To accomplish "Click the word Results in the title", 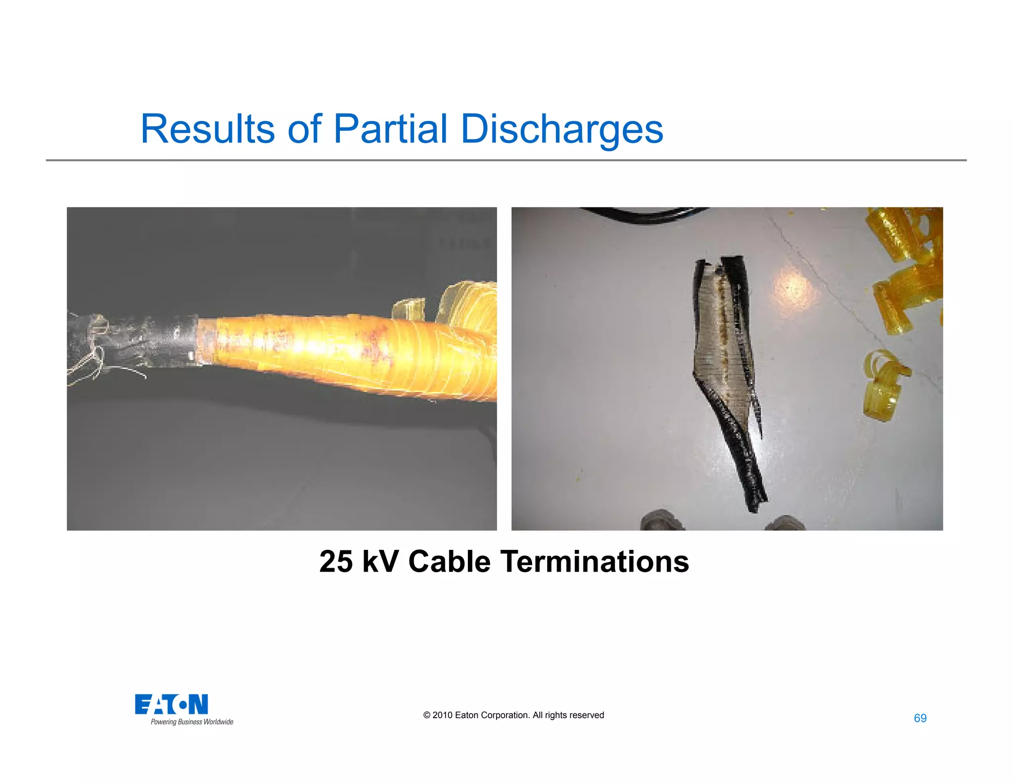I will (207, 129).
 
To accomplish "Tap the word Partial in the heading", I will (390, 129).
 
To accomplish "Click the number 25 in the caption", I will (336, 562).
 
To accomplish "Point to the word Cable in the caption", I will (449, 562).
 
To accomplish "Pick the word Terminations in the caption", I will (595, 562).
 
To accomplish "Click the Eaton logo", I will (171, 704).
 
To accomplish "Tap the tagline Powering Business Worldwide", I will (192, 722).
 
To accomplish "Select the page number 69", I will (920, 718).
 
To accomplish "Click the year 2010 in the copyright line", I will (442, 715).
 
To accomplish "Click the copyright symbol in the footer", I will (427, 715).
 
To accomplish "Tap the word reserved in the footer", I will (587, 715).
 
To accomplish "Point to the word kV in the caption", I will (380, 562).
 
